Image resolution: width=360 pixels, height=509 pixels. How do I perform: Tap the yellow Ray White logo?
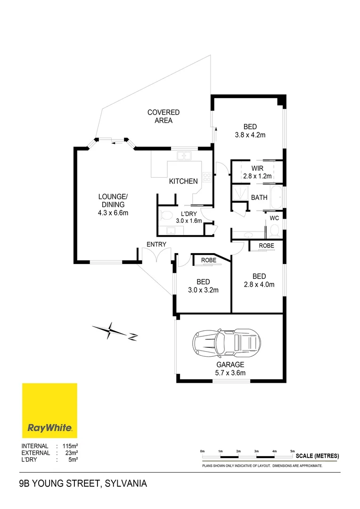(49, 410)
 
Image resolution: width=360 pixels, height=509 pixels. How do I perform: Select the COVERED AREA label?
(164, 116)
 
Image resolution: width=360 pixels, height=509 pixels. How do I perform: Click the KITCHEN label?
(183, 181)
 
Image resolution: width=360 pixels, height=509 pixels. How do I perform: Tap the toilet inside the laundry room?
(165, 216)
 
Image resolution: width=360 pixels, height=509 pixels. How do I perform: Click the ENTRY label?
(156, 244)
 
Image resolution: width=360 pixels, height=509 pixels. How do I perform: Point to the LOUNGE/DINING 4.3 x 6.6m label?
(113, 205)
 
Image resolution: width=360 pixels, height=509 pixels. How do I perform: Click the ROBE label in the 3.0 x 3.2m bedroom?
(208, 260)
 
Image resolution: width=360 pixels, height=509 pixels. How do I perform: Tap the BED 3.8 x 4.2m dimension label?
(250, 131)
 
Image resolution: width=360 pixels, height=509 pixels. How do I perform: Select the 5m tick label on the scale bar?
(292, 452)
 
